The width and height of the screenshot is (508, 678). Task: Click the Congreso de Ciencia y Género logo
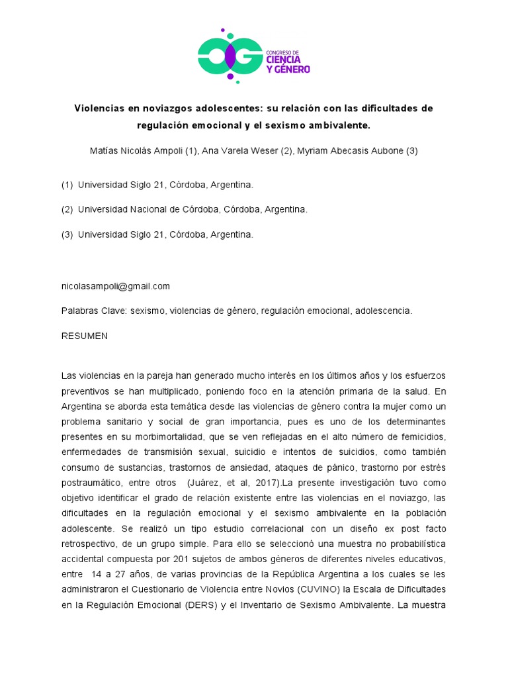click(x=253, y=55)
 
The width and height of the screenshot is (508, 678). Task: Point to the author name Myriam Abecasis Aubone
click(x=350, y=151)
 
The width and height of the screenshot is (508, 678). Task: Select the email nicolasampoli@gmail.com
click(x=116, y=286)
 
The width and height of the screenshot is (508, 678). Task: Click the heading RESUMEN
click(x=84, y=336)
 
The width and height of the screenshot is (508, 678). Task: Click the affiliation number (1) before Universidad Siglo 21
click(x=67, y=185)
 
